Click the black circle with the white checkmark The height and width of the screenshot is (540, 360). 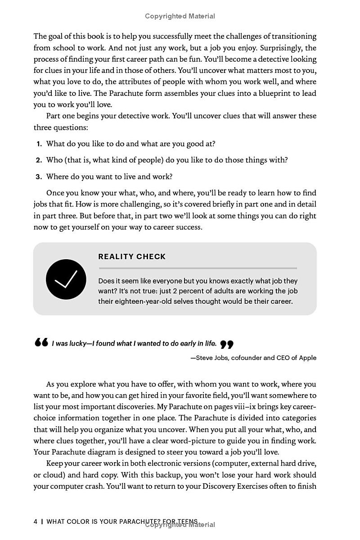[66, 279]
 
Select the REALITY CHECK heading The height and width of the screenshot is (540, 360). [132, 256]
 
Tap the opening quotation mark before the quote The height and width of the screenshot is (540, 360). [41, 343]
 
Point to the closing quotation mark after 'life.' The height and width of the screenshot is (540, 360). [227, 345]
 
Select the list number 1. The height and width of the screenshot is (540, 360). [39, 144]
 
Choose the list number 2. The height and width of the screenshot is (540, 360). [39, 160]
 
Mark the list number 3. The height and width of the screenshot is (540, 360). [39, 177]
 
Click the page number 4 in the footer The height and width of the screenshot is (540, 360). [36, 522]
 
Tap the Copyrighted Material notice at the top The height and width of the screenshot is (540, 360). [180, 16]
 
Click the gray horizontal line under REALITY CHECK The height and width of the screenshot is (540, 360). [198, 268]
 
